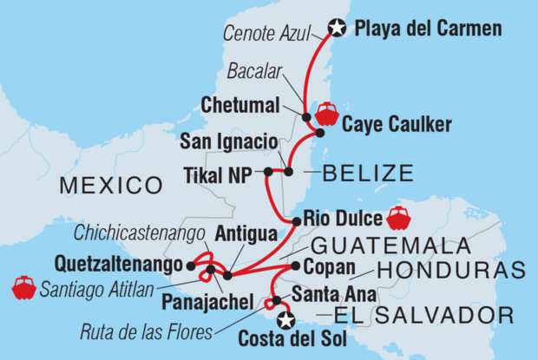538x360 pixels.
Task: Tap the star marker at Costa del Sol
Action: [284, 319]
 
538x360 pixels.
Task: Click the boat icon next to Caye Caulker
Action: [327, 113]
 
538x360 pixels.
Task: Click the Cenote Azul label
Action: [274, 36]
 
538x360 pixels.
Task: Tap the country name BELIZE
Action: [367, 174]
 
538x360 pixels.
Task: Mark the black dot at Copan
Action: [295, 265]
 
